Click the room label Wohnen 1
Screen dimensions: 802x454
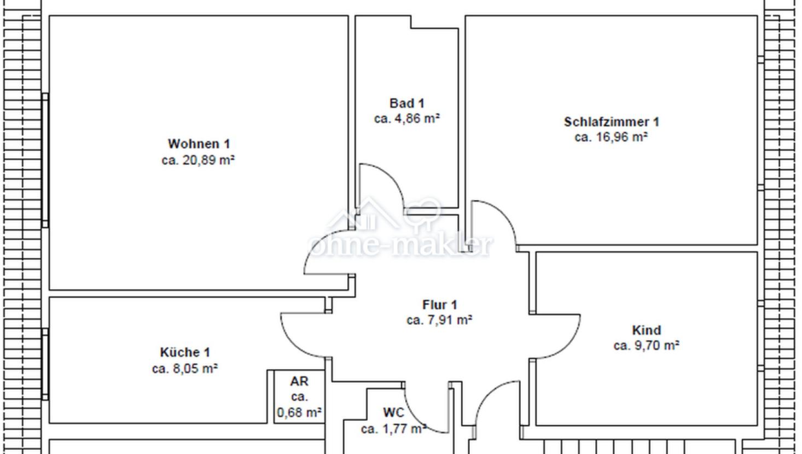coord(199,144)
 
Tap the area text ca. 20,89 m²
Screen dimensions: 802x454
coord(198,160)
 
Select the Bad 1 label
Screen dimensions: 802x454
coord(406,103)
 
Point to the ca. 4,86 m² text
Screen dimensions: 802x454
coord(406,119)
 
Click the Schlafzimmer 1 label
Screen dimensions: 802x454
coord(611,122)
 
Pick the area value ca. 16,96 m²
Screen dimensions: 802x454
coord(611,137)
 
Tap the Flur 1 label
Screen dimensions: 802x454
coord(440,305)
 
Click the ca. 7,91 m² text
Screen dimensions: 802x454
coord(439,320)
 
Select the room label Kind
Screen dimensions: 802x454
coord(646,330)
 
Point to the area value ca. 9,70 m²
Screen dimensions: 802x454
coord(646,346)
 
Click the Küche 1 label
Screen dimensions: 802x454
coord(185,352)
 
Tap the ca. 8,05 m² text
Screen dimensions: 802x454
coord(185,368)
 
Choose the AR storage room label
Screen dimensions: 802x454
coord(299,381)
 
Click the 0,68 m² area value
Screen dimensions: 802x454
coord(299,412)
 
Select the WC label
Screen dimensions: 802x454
coord(393,412)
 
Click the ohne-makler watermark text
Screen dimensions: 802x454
coord(400,245)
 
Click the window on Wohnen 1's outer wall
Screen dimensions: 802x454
coord(45,160)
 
